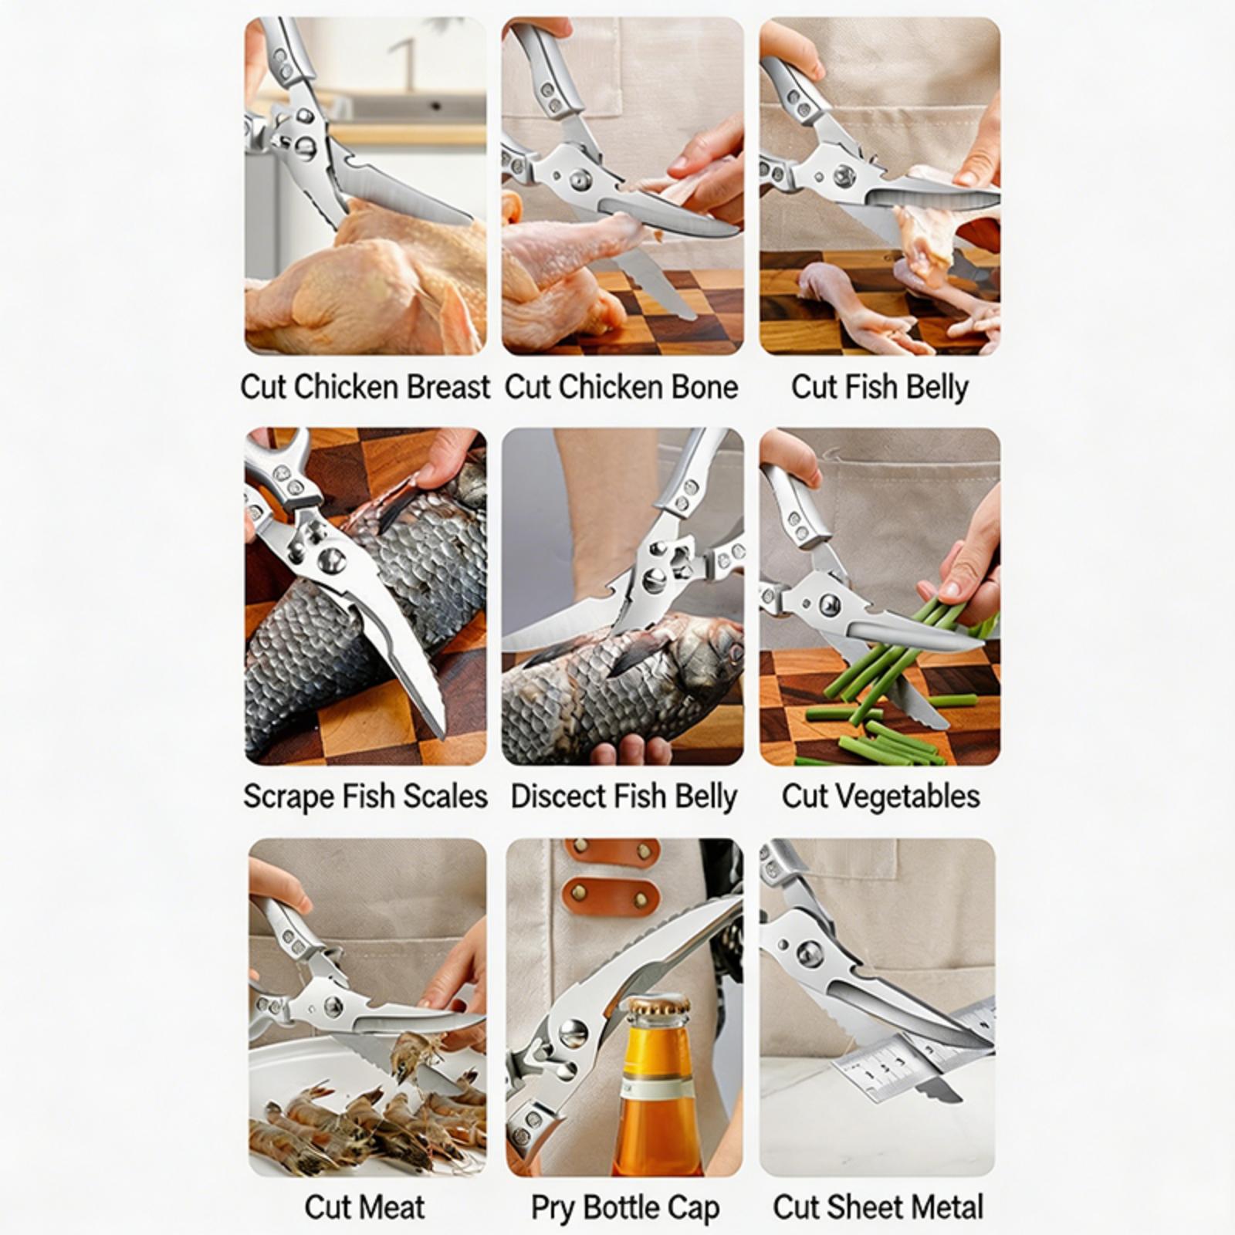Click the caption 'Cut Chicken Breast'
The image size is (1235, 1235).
(x=365, y=387)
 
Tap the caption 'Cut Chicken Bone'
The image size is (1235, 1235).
(x=621, y=387)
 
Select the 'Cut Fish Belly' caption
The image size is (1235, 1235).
(x=879, y=387)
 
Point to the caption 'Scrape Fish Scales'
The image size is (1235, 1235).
(x=365, y=797)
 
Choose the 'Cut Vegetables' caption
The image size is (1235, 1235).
(x=881, y=797)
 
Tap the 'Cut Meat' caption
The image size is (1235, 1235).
(x=364, y=1207)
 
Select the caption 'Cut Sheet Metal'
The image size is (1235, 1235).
(x=878, y=1207)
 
